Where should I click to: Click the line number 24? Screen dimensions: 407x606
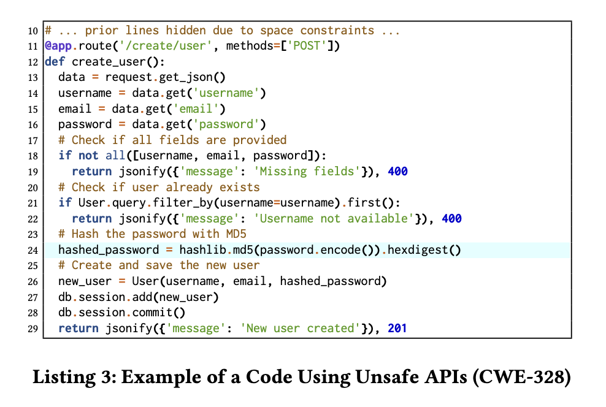pos(34,250)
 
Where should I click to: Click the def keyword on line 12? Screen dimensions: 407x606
pos(55,62)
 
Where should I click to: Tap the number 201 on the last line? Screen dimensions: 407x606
pos(397,329)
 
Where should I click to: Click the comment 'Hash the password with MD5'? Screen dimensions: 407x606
pos(159,234)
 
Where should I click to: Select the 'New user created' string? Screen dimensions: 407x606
pos(301,329)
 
